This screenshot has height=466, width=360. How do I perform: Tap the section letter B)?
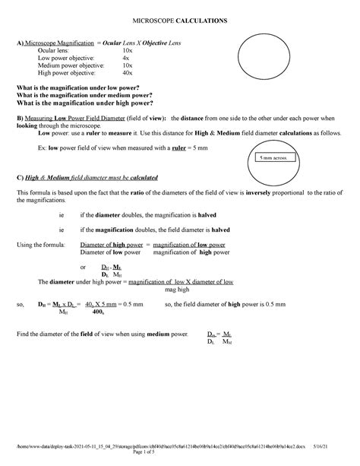click(21, 119)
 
